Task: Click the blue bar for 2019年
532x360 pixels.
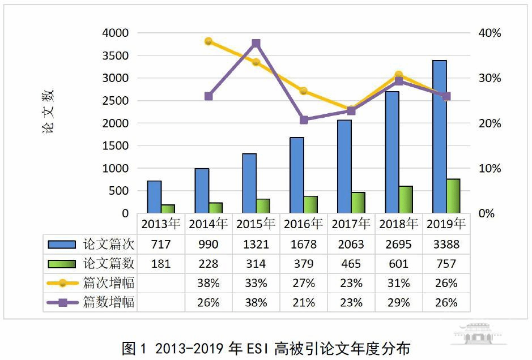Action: tap(439, 136)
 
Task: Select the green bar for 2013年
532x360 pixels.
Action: tap(168, 209)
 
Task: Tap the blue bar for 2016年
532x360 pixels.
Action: tap(297, 175)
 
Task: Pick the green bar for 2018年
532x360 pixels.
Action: tap(405, 199)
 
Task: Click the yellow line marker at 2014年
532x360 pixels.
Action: tap(208, 41)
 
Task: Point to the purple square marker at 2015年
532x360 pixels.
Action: tap(256, 43)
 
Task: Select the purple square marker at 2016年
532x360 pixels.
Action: tap(304, 120)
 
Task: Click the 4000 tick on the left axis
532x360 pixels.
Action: tap(116, 33)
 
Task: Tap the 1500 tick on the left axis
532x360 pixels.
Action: tap(116, 146)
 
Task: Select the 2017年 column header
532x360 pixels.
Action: tap(351, 224)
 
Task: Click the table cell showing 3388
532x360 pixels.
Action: tap(446, 245)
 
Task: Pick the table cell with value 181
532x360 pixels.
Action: tap(160, 264)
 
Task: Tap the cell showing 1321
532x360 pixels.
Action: tap(256, 245)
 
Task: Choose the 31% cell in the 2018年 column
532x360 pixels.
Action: tap(398, 283)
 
